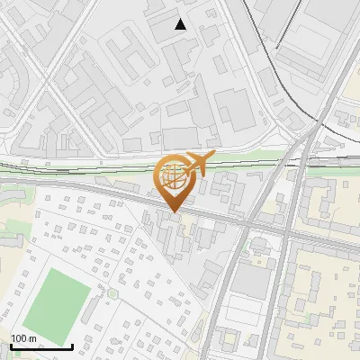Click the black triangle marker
[181, 24]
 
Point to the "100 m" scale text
[24, 337]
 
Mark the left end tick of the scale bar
[11, 345]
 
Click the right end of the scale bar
[72, 345]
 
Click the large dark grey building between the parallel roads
[253, 282]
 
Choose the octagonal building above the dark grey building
[258, 244]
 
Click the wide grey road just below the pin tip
[180, 216]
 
